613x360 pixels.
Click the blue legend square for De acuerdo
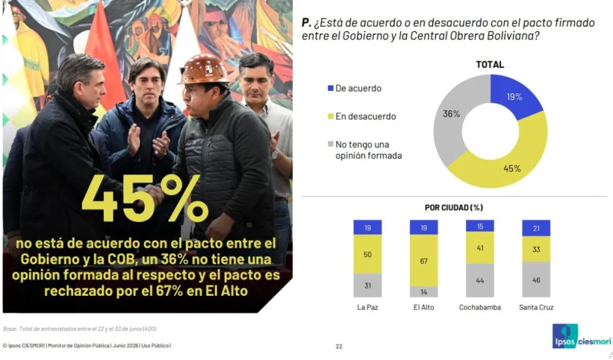(x=331, y=88)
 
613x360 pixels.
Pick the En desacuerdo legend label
(x=366, y=116)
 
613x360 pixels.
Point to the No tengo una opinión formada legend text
(x=368, y=150)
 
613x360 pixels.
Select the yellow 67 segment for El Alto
(x=424, y=261)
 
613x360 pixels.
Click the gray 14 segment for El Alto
(x=424, y=292)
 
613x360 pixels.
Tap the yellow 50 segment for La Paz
(x=368, y=254)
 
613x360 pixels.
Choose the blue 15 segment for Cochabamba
(x=480, y=226)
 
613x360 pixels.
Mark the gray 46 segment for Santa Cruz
(x=536, y=280)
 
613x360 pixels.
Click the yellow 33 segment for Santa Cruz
(x=536, y=249)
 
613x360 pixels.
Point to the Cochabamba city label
(x=480, y=308)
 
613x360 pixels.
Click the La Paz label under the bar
(x=368, y=308)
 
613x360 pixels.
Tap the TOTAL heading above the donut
(x=490, y=64)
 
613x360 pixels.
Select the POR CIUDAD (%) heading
(x=454, y=207)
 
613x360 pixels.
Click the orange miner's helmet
(x=203, y=70)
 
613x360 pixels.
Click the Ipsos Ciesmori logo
(x=581, y=337)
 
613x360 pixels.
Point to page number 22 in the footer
(x=339, y=346)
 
